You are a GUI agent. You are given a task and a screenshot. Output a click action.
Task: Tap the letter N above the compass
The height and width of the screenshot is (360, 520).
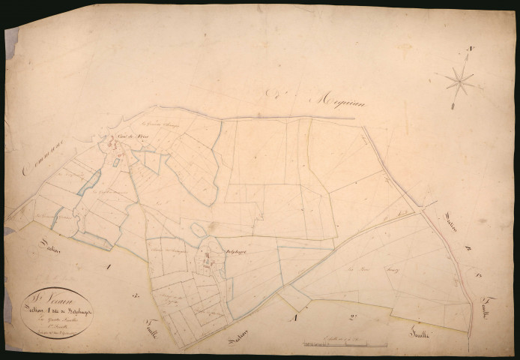point(471,49)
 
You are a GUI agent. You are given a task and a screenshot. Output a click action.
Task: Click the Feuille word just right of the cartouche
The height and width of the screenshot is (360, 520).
point(140,318)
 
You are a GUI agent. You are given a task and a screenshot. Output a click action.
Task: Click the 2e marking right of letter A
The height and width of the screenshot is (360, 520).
point(352,317)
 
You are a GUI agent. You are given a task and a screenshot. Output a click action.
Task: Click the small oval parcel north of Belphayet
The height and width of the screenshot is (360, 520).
point(197,230)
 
